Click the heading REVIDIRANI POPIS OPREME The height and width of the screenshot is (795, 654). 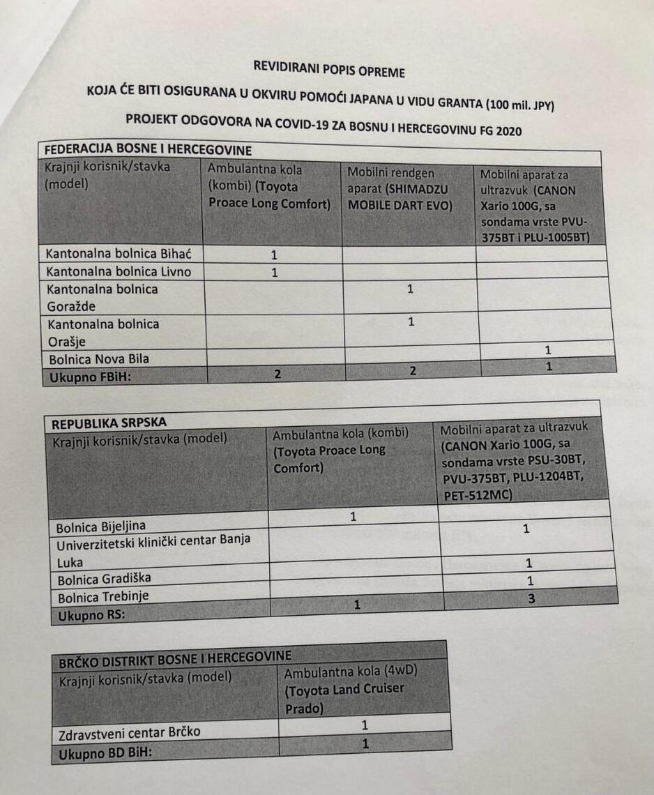click(329, 70)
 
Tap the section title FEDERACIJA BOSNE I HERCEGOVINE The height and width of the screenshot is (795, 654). click(148, 150)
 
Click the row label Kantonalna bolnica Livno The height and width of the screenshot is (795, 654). click(117, 271)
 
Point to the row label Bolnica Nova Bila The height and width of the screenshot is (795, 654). click(98, 360)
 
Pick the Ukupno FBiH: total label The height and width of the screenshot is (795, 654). click(88, 378)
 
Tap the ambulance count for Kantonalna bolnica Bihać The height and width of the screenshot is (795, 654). click(274, 255)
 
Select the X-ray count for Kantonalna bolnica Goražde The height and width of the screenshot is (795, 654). click(411, 288)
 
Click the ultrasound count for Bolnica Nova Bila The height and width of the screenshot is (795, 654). click(548, 349)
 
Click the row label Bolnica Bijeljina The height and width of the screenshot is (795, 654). click(102, 525)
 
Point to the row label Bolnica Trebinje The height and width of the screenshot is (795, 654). click(103, 597)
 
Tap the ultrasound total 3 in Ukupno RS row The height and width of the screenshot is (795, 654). click(532, 598)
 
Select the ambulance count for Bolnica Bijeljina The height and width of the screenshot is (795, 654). click(353, 517)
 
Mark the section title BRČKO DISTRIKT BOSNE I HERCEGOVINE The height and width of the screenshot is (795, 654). click(175, 656)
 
